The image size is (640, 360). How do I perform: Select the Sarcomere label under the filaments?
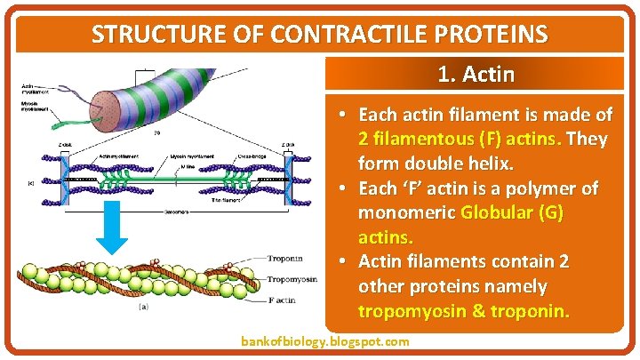[176, 214]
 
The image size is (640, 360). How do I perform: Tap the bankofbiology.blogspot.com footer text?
[325, 341]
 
